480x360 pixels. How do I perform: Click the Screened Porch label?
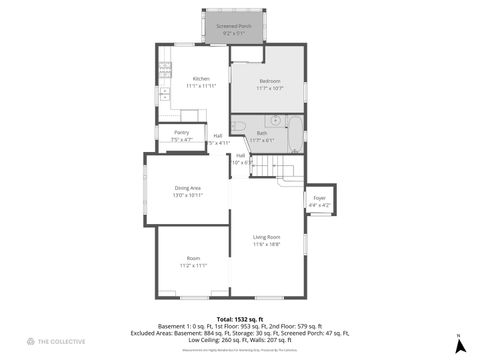233,25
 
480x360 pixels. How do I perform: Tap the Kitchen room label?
201,78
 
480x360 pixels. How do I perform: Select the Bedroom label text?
269,81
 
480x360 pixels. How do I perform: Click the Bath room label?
262,133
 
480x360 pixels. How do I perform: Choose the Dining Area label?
188,188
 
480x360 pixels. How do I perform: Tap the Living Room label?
266,237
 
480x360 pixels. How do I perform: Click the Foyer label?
320,198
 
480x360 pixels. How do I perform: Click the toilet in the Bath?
238,124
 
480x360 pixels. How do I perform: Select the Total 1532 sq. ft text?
239,318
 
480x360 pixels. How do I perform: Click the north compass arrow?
459,346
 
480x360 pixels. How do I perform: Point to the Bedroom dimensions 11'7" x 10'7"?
269,89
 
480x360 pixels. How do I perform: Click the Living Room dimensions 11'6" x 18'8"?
266,244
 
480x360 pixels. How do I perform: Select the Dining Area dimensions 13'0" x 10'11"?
188,195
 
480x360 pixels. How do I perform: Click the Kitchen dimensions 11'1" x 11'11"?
201,86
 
